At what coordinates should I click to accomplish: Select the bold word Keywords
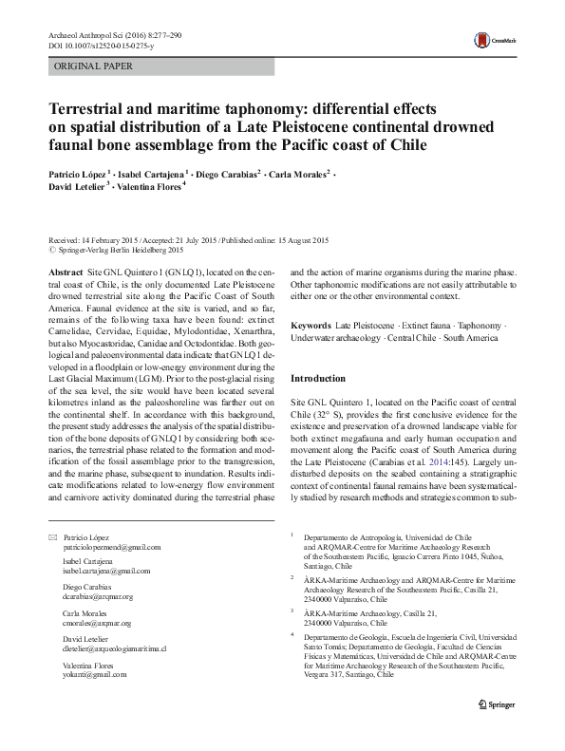click(312, 325)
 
